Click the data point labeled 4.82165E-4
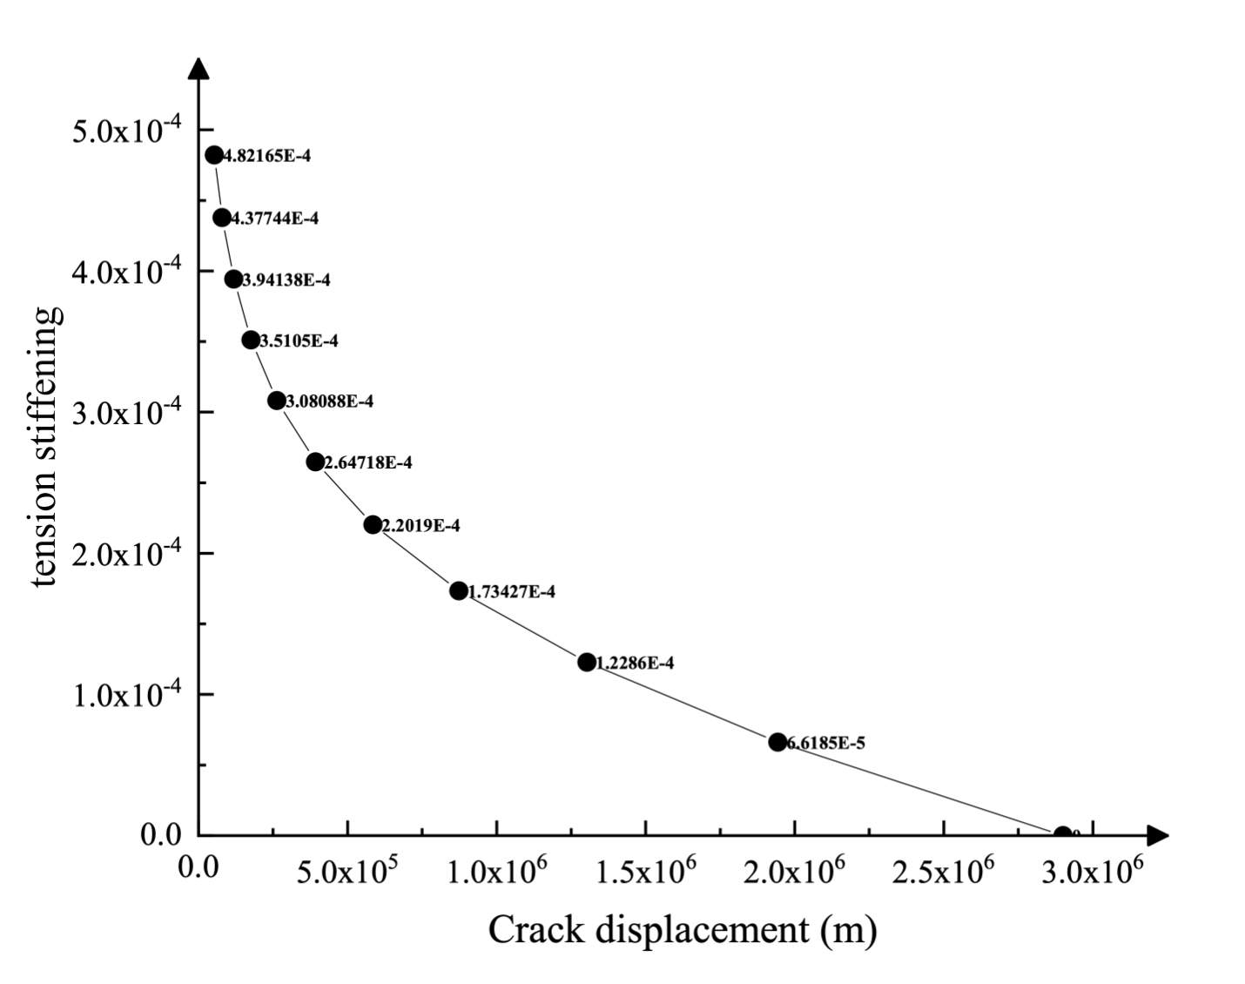[x=214, y=155]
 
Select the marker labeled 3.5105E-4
[x=251, y=340]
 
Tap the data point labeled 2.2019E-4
[x=373, y=524]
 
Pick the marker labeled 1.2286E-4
[x=587, y=662]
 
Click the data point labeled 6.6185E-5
[x=777, y=742]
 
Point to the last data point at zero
[x=1062, y=834]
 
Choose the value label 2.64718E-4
[x=368, y=462]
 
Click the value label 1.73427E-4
[x=512, y=592]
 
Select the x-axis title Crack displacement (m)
[x=682, y=930]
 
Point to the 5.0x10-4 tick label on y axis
[x=127, y=132]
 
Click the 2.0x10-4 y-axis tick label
[x=127, y=555]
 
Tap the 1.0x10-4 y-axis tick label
[x=127, y=696]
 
